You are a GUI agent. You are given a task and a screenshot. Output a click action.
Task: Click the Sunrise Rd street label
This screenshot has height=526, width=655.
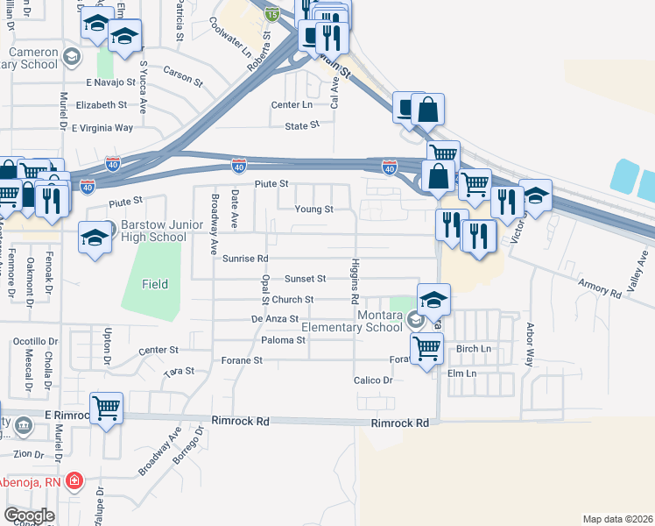click(244, 259)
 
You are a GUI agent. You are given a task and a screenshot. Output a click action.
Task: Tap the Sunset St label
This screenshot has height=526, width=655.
click(305, 279)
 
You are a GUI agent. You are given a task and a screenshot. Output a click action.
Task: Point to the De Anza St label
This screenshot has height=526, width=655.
click(275, 320)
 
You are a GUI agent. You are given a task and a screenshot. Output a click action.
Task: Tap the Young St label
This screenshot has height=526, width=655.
click(313, 210)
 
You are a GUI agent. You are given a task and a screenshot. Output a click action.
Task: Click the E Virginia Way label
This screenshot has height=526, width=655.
click(102, 128)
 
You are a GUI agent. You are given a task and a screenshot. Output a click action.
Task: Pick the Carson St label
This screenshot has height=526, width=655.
click(183, 81)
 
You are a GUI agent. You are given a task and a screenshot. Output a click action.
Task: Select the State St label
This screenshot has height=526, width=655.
click(302, 126)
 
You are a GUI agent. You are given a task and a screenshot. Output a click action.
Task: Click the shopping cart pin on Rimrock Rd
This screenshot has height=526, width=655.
click(106, 407)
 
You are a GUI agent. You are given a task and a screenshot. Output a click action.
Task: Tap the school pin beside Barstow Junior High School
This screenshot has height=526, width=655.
click(95, 237)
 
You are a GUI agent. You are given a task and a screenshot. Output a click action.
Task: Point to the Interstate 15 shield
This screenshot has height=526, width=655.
click(272, 14)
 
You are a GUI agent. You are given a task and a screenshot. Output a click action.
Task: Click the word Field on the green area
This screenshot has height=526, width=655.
click(155, 284)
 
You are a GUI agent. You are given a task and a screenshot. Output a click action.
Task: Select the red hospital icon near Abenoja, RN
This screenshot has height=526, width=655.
click(75, 480)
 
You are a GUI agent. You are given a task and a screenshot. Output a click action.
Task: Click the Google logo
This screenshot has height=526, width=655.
click(29, 515)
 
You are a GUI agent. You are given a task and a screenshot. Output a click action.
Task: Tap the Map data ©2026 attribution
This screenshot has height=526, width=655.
click(618, 519)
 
